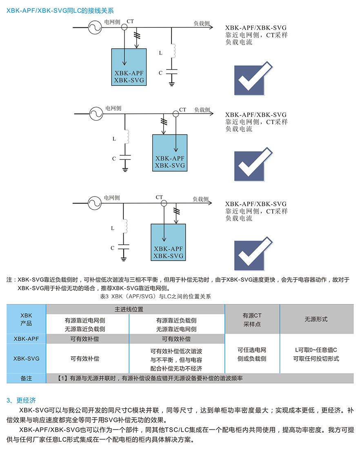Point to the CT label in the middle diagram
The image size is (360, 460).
tap(182, 110)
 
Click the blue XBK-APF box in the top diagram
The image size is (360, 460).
tap(129, 67)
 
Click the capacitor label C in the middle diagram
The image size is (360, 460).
tap(114, 159)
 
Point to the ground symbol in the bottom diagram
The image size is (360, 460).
tap(124, 257)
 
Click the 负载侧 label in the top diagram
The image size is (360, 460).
tap(202, 23)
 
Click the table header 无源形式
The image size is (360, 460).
tap(316, 319)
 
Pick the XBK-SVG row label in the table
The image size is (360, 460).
tap(26, 358)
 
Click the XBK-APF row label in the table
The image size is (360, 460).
tap(26, 339)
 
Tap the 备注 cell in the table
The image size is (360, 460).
tap(26, 378)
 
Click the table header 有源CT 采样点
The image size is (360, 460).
tap(252, 319)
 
